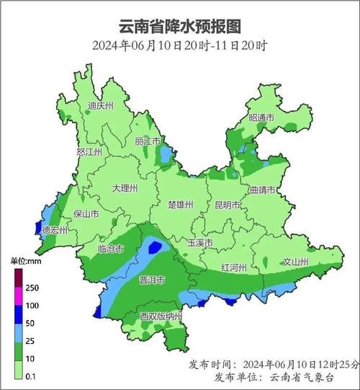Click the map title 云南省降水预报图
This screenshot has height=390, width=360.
tap(179, 27)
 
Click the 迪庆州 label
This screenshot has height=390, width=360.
tap(101, 105)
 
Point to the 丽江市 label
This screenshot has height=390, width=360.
tap(148, 141)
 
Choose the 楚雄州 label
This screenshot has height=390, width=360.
tap(180, 205)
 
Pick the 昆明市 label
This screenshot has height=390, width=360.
tap(228, 205)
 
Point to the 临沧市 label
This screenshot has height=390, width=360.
tap(109, 249)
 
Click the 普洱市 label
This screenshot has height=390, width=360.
tap(152, 280)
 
